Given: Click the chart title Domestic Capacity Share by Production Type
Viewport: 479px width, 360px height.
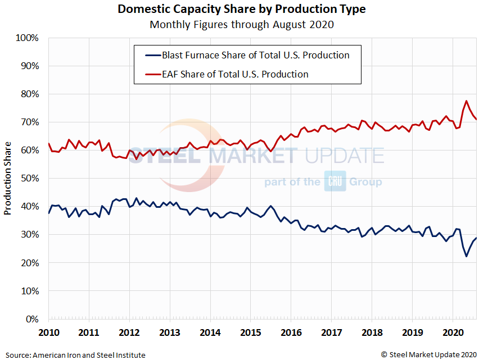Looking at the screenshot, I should coord(241,10).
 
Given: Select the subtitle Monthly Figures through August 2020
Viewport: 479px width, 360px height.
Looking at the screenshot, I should coord(241,24).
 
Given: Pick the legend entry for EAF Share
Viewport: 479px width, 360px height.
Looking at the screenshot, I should coord(234,74).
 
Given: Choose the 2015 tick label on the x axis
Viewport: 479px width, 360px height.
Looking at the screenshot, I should coord(251,331).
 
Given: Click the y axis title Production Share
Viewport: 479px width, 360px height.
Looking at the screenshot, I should coord(7,178).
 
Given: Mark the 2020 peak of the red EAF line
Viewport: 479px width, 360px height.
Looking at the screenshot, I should coord(467,101).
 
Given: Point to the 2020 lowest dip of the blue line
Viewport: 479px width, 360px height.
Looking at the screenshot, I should coord(466,257).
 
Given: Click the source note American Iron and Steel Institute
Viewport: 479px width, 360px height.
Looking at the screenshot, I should coord(75,355).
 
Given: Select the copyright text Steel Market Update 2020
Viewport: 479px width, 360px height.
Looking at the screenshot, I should coord(428,354).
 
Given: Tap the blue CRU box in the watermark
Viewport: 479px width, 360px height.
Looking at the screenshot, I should coord(335,182).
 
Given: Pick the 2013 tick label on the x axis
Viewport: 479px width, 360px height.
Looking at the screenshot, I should coord(170,331).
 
